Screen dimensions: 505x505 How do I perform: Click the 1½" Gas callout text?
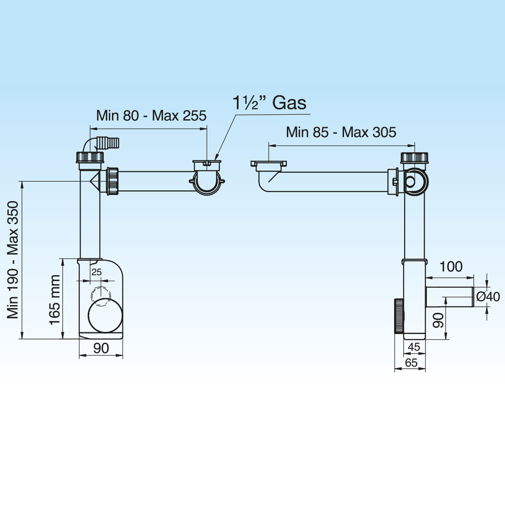pyautogui.click(x=269, y=103)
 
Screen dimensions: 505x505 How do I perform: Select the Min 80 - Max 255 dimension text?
pyautogui.click(x=151, y=116)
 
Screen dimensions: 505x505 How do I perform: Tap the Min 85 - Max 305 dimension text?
pyautogui.click(x=341, y=132)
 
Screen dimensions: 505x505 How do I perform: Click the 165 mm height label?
pyautogui.click(x=55, y=300)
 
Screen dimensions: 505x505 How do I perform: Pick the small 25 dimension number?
pyautogui.click(x=96, y=272)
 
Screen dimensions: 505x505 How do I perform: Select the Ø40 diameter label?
pyautogui.click(x=488, y=297)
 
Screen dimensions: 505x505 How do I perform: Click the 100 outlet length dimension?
pyautogui.click(x=451, y=266)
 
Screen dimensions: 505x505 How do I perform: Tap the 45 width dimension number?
pyautogui.click(x=414, y=347)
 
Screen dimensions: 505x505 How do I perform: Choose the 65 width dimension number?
pyautogui.click(x=411, y=363)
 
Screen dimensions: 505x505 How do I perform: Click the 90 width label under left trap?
pyautogui.click(x=101, y=348)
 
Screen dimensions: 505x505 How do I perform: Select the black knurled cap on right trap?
pyautogui.click(x=399, y=316)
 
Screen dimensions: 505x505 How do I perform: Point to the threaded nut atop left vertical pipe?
pyautogui.click(x=90, y=157)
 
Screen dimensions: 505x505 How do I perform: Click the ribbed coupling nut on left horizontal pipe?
pyautogui.click(x=113, y=181)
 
